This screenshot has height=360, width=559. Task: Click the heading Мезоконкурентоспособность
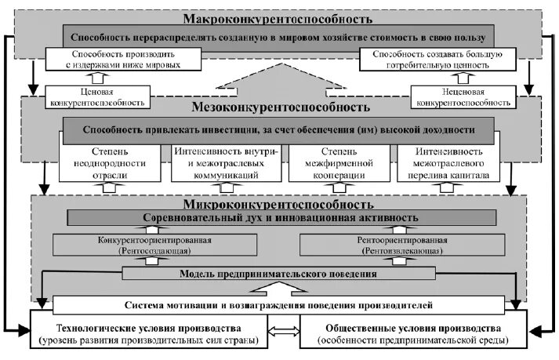(278, 107)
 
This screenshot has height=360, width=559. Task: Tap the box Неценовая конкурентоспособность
(461, 96)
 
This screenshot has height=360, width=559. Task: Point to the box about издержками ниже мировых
(124, 60)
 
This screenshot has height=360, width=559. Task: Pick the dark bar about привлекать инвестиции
(279, 127)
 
